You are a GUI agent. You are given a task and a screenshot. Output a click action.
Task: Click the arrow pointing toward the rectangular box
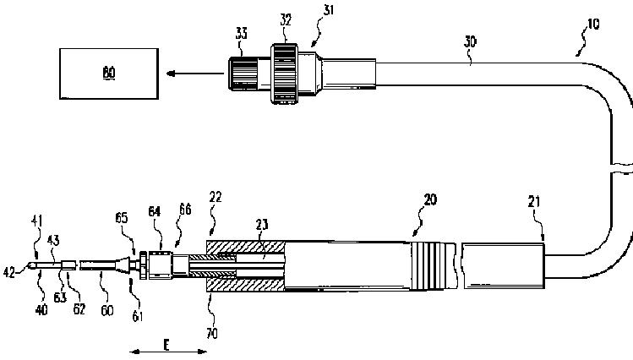(194, 73)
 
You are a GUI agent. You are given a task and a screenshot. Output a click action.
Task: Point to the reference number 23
(262, 226)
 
